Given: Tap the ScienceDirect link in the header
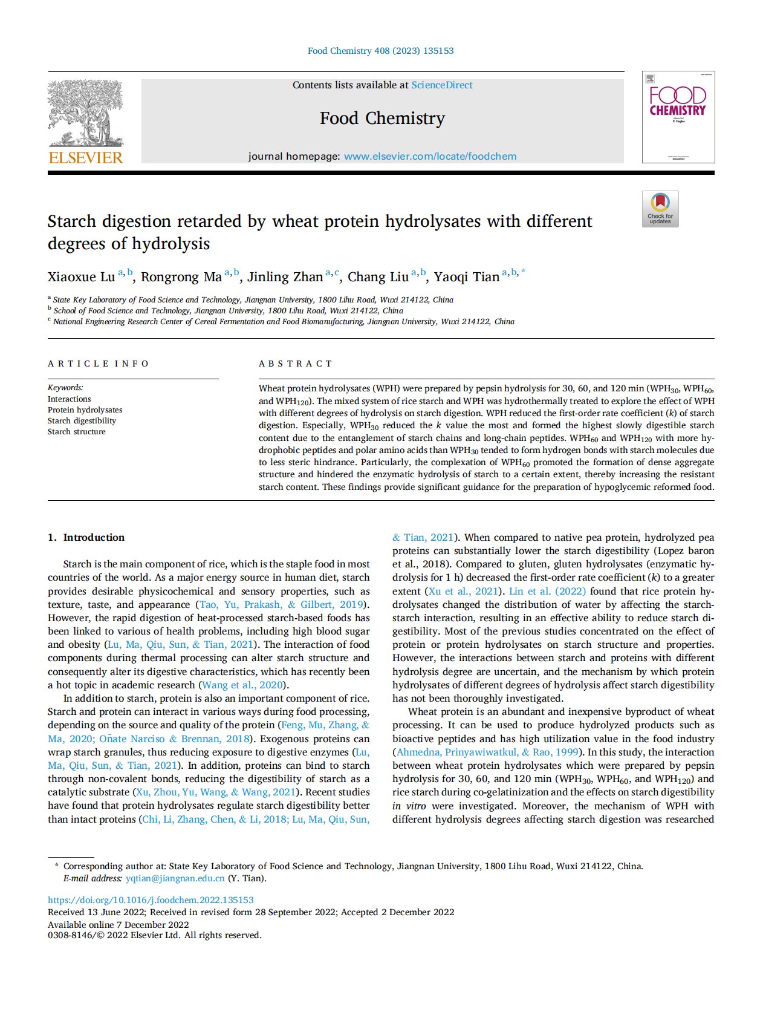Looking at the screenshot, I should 442,85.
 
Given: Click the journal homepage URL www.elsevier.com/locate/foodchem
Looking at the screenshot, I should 430,157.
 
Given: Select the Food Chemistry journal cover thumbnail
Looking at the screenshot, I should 678,117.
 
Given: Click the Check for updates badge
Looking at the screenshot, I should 660,209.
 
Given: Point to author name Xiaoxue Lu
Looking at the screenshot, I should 81,278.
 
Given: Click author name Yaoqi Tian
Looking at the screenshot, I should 466,278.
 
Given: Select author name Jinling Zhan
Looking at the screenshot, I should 285,278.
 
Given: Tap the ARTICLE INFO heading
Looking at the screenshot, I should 98,364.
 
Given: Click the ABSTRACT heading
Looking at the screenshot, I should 296,364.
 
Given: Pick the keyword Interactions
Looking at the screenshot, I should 70,399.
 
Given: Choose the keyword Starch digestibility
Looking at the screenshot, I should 82,421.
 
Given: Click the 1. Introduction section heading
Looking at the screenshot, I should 86,538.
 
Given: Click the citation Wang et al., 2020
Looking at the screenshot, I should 244,685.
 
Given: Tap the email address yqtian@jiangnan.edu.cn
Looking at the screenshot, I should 175,878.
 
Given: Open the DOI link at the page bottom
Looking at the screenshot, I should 151,900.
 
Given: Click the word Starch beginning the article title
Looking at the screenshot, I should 72,221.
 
